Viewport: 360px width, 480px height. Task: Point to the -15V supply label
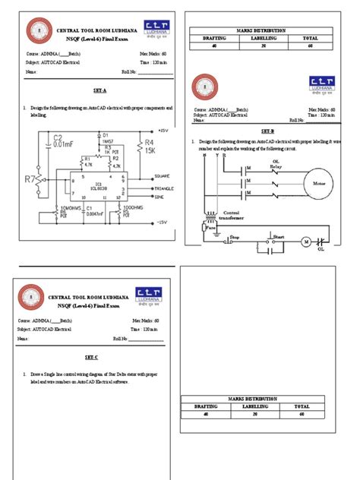(x=159, y=223)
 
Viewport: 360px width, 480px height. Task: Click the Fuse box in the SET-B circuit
(x=210, y=227)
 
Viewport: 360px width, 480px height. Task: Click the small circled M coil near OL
(x=307, y=242)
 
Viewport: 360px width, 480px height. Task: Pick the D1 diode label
(x=104, y=134)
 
